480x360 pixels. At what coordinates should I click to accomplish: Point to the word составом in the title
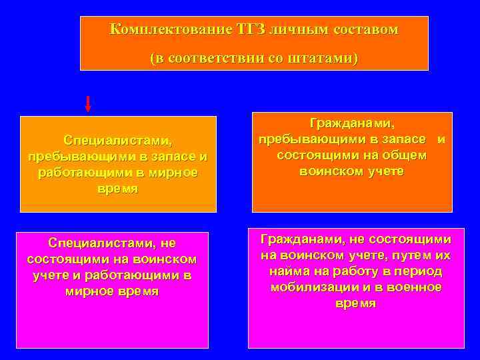click(x=367, y=29)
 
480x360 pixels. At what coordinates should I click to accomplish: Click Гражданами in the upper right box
click(x=353, y=123)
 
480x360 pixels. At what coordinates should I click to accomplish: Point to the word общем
click(x=403, y=155)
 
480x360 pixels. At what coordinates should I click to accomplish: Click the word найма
click(x=289, y=271)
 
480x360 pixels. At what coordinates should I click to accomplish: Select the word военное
click(x=415, y=287)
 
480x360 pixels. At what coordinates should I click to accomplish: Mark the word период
click(x=420, y=271)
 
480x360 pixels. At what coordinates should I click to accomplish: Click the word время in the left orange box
click(x=118, y=189)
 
